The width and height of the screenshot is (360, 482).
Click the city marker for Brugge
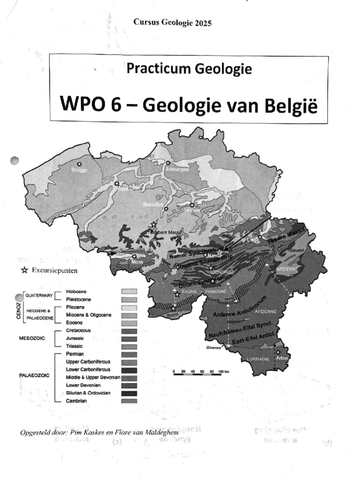tap(79, 164)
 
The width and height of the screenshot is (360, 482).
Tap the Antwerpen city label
tap(177, 169)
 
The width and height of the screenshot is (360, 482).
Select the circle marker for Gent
tap(117, 183)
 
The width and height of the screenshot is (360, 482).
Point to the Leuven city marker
tap(192, 205)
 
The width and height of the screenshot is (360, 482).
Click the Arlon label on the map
tap(282, 358)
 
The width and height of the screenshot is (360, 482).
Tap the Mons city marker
tap(134, 257)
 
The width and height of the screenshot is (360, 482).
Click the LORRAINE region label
tap(258, 359)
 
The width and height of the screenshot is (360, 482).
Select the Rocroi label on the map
tap(172, 315)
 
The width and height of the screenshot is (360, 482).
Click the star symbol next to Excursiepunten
tap(24, 270)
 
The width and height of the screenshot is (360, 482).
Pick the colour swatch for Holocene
tap(129, 291)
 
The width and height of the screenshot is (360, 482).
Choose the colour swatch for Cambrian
tap(129, 401)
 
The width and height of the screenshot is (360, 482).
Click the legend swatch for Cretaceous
tap(129, 331)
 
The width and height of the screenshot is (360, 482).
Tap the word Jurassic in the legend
tap(75, 338)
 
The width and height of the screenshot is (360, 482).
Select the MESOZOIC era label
tap(32, 338)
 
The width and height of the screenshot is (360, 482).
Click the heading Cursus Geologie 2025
tap(172, 23)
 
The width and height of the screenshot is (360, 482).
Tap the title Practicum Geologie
tap(189, 69)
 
